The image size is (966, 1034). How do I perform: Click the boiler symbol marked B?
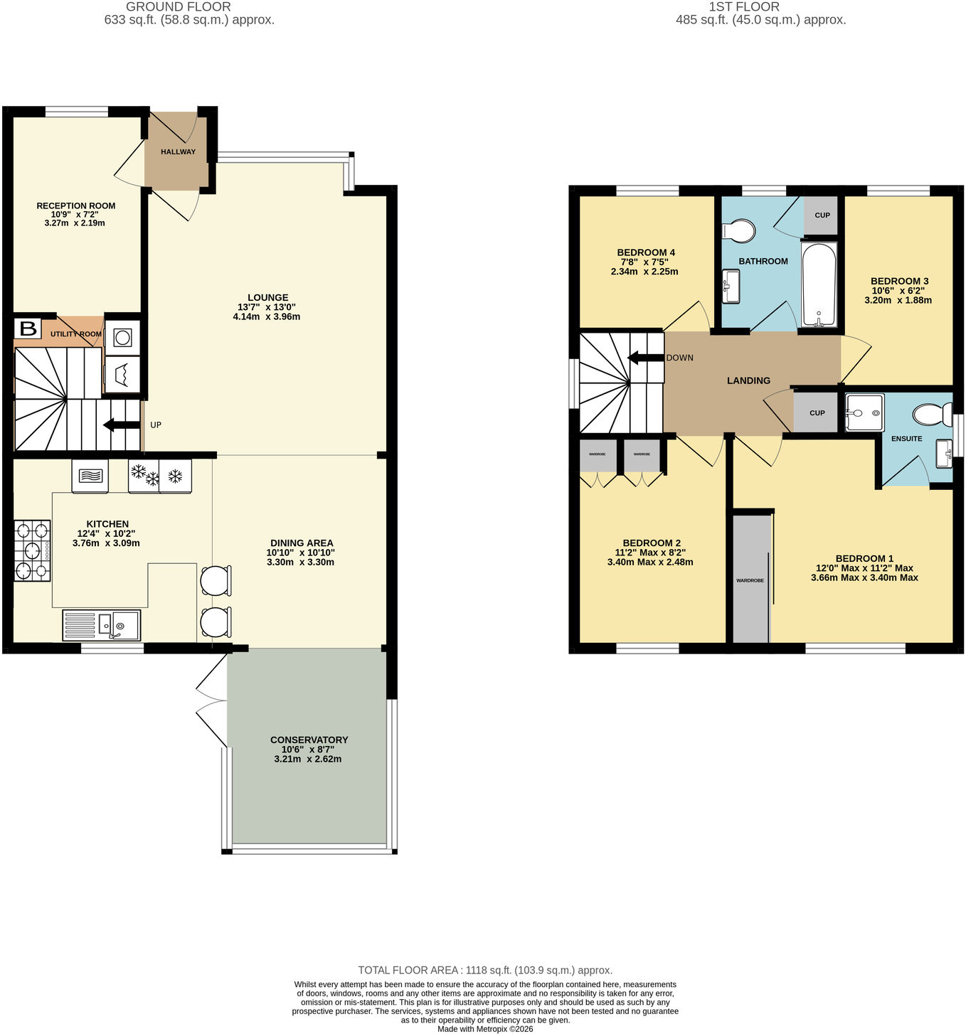coord(28,329)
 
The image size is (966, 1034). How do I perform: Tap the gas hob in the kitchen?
coord(32,550)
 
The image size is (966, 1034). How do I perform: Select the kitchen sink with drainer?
coord(102,625)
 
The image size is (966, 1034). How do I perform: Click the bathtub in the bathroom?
coord(819,284)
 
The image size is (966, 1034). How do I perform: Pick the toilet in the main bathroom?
coord(739,230)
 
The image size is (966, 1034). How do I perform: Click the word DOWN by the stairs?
coord(679,358)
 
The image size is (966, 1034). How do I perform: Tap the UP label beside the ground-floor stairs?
coord(156,425)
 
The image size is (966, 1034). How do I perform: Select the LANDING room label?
coord(748,380)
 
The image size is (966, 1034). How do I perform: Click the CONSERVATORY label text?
coord(309,740)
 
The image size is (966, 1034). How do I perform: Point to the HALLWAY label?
coord(179,152)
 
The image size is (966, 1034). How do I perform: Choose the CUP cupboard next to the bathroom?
coord(822,215)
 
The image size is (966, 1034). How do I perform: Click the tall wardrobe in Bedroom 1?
coord(751,578)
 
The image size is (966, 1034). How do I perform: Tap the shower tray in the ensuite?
coord(864,413)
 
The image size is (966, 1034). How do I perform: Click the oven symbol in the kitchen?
coord(90,475)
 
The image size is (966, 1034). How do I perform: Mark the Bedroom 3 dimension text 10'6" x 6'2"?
coord(898,291)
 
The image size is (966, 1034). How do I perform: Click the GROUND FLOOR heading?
coord(179,7)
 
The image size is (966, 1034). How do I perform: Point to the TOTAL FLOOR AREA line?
coord(485,970)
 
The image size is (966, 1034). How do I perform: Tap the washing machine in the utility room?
coord(122,337)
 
